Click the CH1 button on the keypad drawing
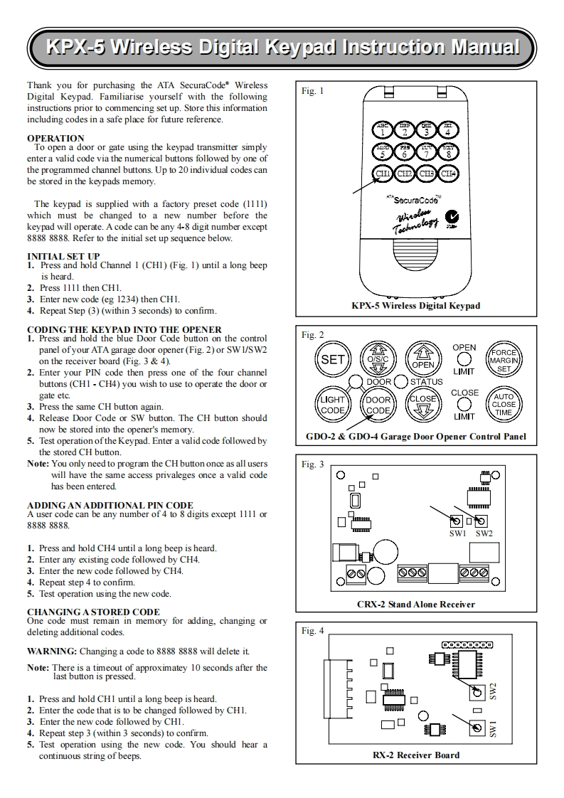point(383,173)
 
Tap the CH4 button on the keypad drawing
point(448,173)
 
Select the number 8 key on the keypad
point(448,151)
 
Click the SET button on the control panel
point(332,359)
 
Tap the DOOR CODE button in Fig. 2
point(378,405)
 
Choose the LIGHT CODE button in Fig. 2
point(332,405)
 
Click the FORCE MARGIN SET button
point(504,360)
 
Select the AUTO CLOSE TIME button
point(504,405)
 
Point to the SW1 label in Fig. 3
point(457,533)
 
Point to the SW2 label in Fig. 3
point(484,533)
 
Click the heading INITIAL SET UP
point(63,256)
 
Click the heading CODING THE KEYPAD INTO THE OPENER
point(124,329)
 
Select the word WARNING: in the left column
point(52,651)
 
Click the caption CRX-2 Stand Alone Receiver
point(415,605)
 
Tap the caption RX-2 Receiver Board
point(416,755)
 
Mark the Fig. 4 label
point(313,631)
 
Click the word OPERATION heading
point(55,138)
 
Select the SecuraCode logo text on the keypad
point(415,201)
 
